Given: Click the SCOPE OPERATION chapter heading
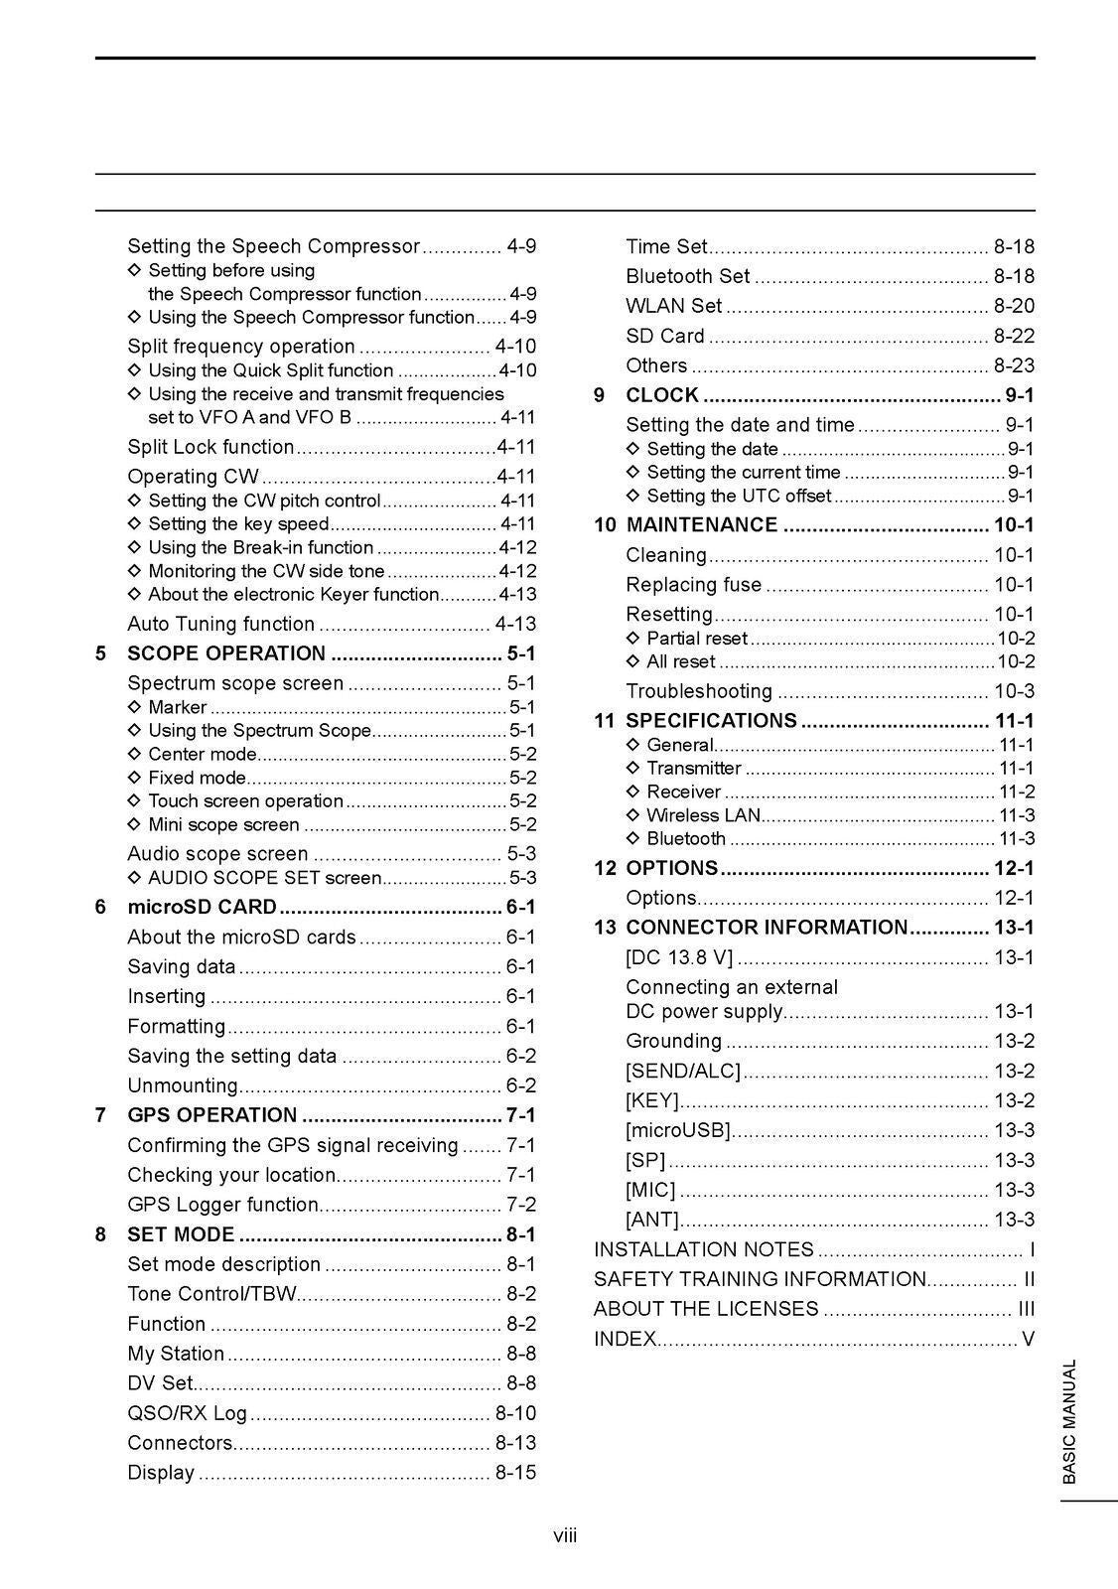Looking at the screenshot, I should pyautogui.click(x=226, y=653).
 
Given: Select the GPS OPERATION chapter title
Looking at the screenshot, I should pyautogui.click(x=211, y=1115).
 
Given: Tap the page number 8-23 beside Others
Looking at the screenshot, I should pyautogui.click(x=1014, y=365).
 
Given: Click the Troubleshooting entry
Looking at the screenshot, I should pyautogui.click(x=698, y=691).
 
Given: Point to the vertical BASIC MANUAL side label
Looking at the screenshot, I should pyautogui.click(x=1069, y=1421).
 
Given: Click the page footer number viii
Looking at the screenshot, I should pyautogui.click(x=565, y=1536).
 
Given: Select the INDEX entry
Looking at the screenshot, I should pyautogui.click(x=625, y=1339).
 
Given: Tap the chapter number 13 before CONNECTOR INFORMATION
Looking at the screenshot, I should pyautogui.click(x=605, y=928).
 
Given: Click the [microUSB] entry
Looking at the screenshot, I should pyautogui.click(x=678, y=1130).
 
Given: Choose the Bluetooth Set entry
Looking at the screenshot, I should pyautogui.click(x=687, y=276).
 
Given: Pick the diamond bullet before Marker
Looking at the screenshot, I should pyautogui.click(x=135, y=707).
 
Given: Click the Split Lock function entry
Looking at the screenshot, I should pyautogui.click(x=210, y=447).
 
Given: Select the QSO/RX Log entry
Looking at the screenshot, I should pyautogui.click(x=187, y=1413).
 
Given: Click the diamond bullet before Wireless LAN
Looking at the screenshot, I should pyautogui.click(x=633, y=815).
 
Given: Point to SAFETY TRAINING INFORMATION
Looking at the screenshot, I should pyautogui.click(x=760, y=1279).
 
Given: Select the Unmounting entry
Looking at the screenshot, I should pyautogui.click(x=183, y=1085).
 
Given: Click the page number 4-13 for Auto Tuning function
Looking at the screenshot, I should pyautogui.click(x=515, y=624).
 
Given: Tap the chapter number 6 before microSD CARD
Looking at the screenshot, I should pyautogui.click(x=100, y=907).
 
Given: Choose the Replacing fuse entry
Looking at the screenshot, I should pyautogui.click(x=693, y=584).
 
